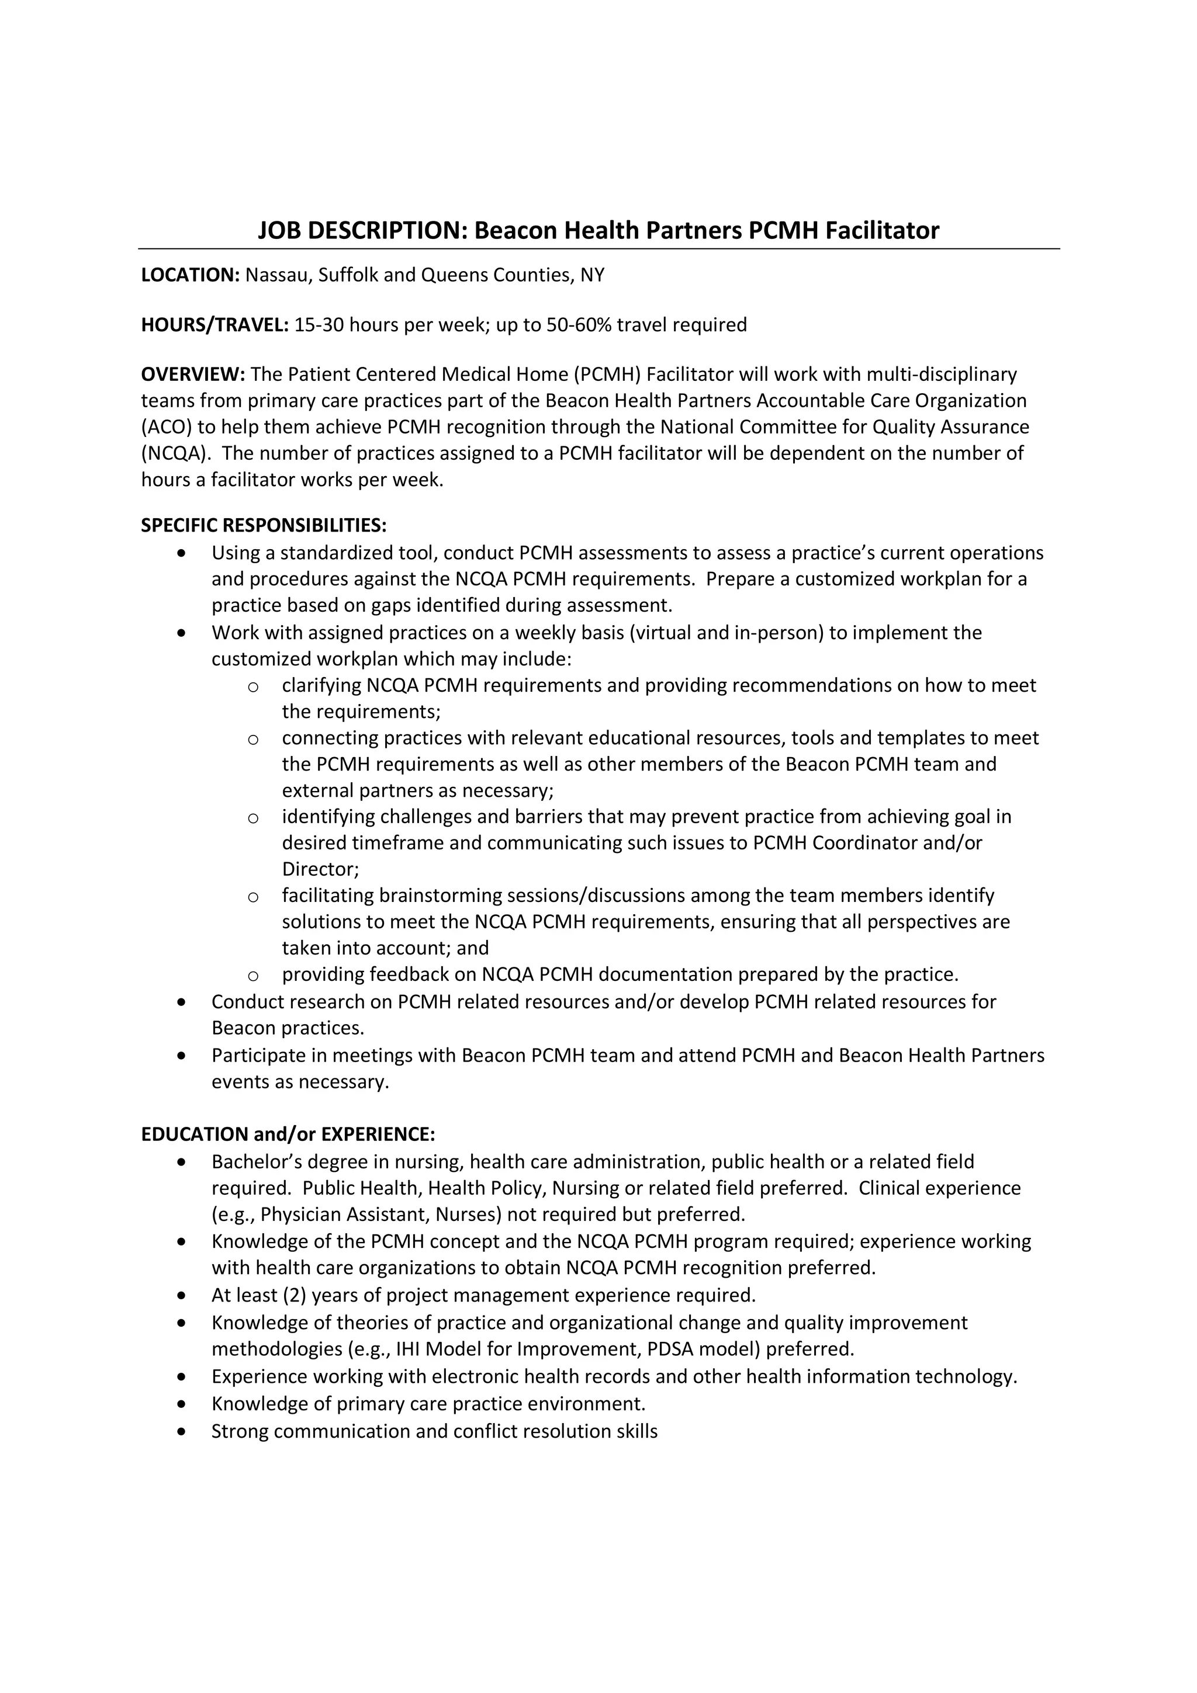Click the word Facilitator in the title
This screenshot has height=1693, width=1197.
[881, 231]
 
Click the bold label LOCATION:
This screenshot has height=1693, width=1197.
[191, 275]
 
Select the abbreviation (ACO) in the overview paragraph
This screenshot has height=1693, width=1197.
[166, 427]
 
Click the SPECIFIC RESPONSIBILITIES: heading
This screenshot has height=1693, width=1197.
[263, 525]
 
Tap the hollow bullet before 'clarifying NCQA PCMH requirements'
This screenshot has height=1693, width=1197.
[253, 687]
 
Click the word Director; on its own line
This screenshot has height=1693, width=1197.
[320, 869]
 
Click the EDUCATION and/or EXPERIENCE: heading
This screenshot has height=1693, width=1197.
[288, 1134]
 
